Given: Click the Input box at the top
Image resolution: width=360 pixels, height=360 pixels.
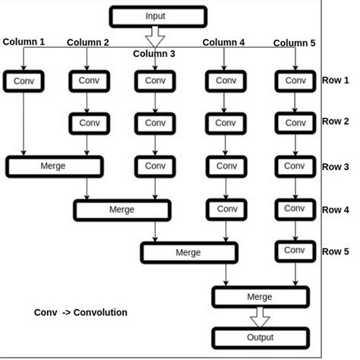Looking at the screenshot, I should [x=158, y=16].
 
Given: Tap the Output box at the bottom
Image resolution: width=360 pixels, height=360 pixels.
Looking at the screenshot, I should [x=260, y=337].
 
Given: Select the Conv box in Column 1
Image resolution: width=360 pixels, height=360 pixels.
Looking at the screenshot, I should [x=24, y=81].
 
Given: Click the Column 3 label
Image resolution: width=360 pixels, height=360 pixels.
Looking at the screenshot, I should [x=154, y=54].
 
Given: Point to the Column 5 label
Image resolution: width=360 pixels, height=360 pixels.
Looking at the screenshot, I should [x=294, y=43].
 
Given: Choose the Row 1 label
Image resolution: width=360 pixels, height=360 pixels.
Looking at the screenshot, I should [x=335, y=80].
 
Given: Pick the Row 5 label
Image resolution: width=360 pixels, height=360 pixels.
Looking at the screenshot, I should [x=335, y=251].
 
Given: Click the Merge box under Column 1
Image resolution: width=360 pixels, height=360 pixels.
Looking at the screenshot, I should [x=53, y=166].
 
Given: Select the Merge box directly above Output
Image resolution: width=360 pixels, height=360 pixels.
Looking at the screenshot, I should [x=260, y=296].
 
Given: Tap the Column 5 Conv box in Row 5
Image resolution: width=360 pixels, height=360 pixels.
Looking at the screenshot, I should [x=294, y=250].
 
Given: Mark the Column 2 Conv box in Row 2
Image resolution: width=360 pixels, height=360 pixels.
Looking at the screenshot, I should [x=90, y=122].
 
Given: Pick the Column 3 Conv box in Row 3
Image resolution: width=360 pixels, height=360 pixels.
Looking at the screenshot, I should [x=155, y=166].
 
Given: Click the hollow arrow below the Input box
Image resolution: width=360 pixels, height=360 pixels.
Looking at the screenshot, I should [x=155, y=36].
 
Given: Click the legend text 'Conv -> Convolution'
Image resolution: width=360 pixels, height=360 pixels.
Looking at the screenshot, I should [x=81, y=312].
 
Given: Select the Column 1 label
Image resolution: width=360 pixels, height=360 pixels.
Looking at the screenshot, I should [x=24, y=41].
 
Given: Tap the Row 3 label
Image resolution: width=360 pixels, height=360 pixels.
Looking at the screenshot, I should [x=335, y=166].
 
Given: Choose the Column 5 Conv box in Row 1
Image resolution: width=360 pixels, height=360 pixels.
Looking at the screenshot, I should [x=294, y=81].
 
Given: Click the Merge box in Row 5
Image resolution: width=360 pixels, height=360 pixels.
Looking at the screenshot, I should [x=188, y=253].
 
